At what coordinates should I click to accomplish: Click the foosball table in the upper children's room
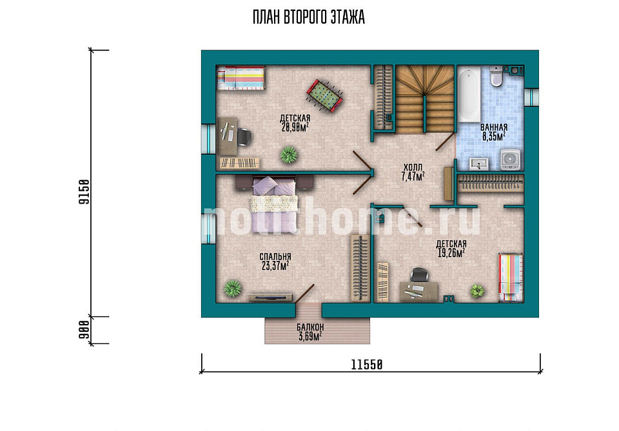point(324,96)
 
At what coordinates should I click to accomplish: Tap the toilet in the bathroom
point(496,76)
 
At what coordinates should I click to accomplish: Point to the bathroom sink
point(479,164)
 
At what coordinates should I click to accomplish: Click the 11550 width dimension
point(367,365)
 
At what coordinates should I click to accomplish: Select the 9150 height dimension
point(84,191)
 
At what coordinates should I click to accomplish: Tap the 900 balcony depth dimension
point(84,330)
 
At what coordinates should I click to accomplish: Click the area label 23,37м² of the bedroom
point(275,266)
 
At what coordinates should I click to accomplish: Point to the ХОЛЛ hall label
point(413,168)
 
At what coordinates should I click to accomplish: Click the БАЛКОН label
point(310,327)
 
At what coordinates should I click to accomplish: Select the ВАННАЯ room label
point(494,128)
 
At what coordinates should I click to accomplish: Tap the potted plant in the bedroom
point(233,289)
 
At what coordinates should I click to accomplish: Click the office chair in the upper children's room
point(244,137)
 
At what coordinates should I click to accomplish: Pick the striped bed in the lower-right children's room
point(511,278)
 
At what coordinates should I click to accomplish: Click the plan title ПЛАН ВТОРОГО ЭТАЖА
point(308,18)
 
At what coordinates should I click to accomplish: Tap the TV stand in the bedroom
point(271,298)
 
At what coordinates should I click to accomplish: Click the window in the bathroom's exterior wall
point(532,97)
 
